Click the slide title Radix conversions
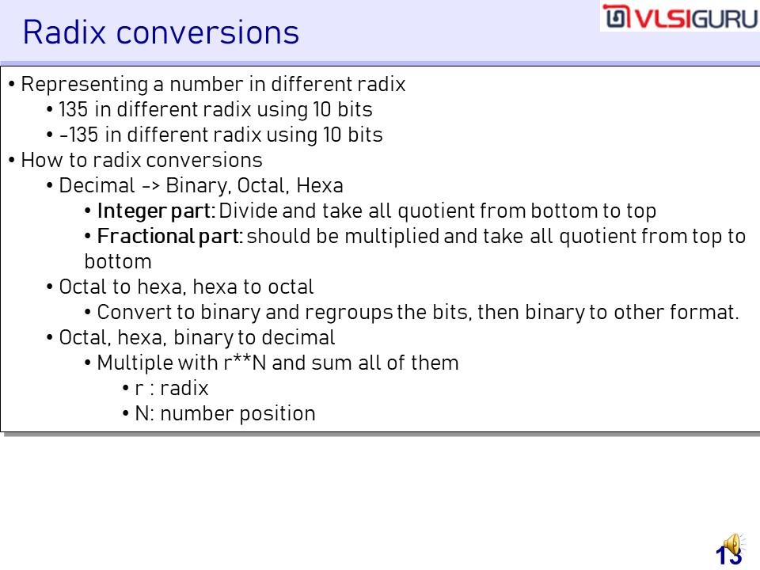pyautogui.click(x=161, y=32)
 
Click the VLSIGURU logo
pyautogui.click(x=680, y=17)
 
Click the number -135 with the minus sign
pyautogui.click(x=78, y=135)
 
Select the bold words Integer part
pyautogui.click(x=154, y=211)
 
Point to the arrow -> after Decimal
pyautogui.click(x=150, y=186)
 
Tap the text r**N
pyautogui.click(x=245, y=363)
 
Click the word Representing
pyautogui.click(x=85, y=85)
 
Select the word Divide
pyautogui.click(x=248, y=211)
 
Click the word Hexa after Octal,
pyautogui.click(x=320, y=185)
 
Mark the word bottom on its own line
pyautogui.click(x=118, y=262)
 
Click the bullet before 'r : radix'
pyautogui.click(x=126, y=388)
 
